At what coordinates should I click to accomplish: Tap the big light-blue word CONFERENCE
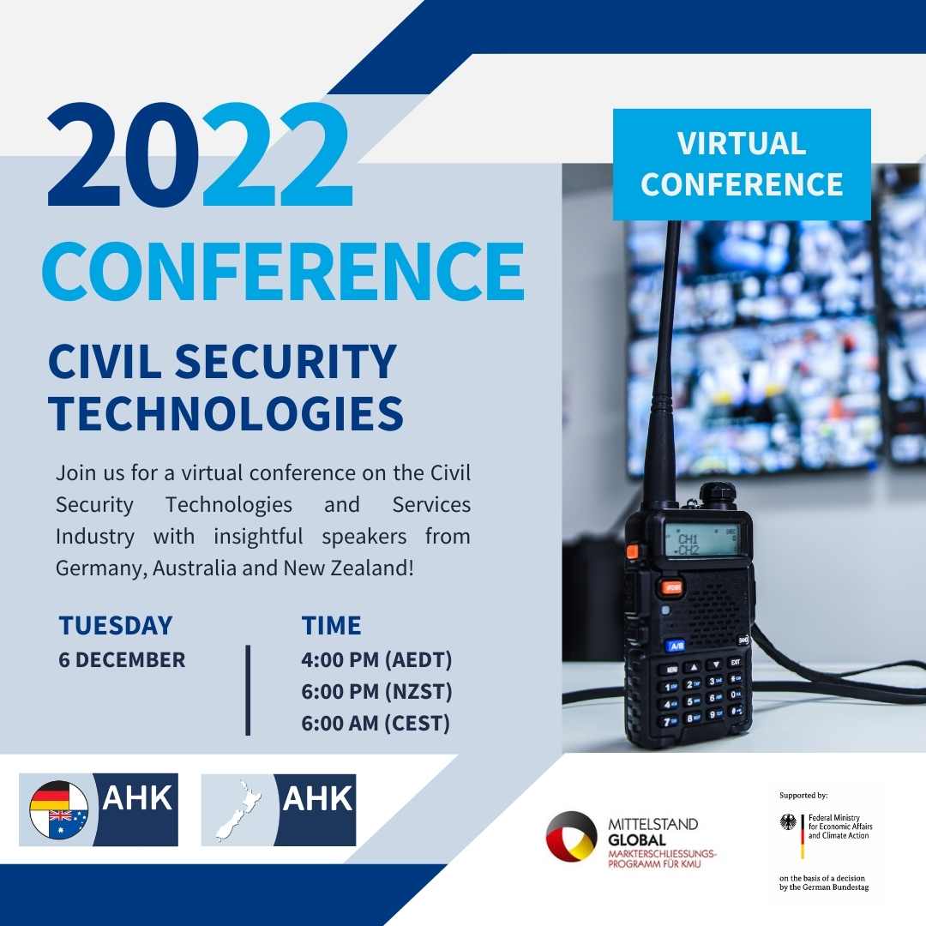pyautogui.click(x=283, y=271)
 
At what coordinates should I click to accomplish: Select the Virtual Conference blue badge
pyautogui.click(x=742, y=164)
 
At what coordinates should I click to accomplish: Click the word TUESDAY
pyautogui.click(x=116, y=626)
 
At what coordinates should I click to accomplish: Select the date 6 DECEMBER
pyautogui.click(x=122, y=660)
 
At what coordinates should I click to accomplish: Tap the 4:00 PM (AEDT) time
pyautogui.click(x=376, y=661)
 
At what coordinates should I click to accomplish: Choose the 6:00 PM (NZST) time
pyautogui.click(x=376, y=692)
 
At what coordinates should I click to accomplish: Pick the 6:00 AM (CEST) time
pyautogui.click(x=376, y=723)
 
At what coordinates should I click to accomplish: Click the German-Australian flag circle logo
pyautogui.click(x=58, y=809)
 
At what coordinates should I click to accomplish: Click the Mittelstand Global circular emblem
pyautogui.click(x=571, y=836)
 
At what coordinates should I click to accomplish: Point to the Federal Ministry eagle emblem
pyautogui.click(x=788, y=822)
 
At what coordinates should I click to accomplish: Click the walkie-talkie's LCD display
pyautogui.click(x=701, y=540)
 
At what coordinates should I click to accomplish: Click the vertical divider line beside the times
pyautogui.click(x=248, y=690)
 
